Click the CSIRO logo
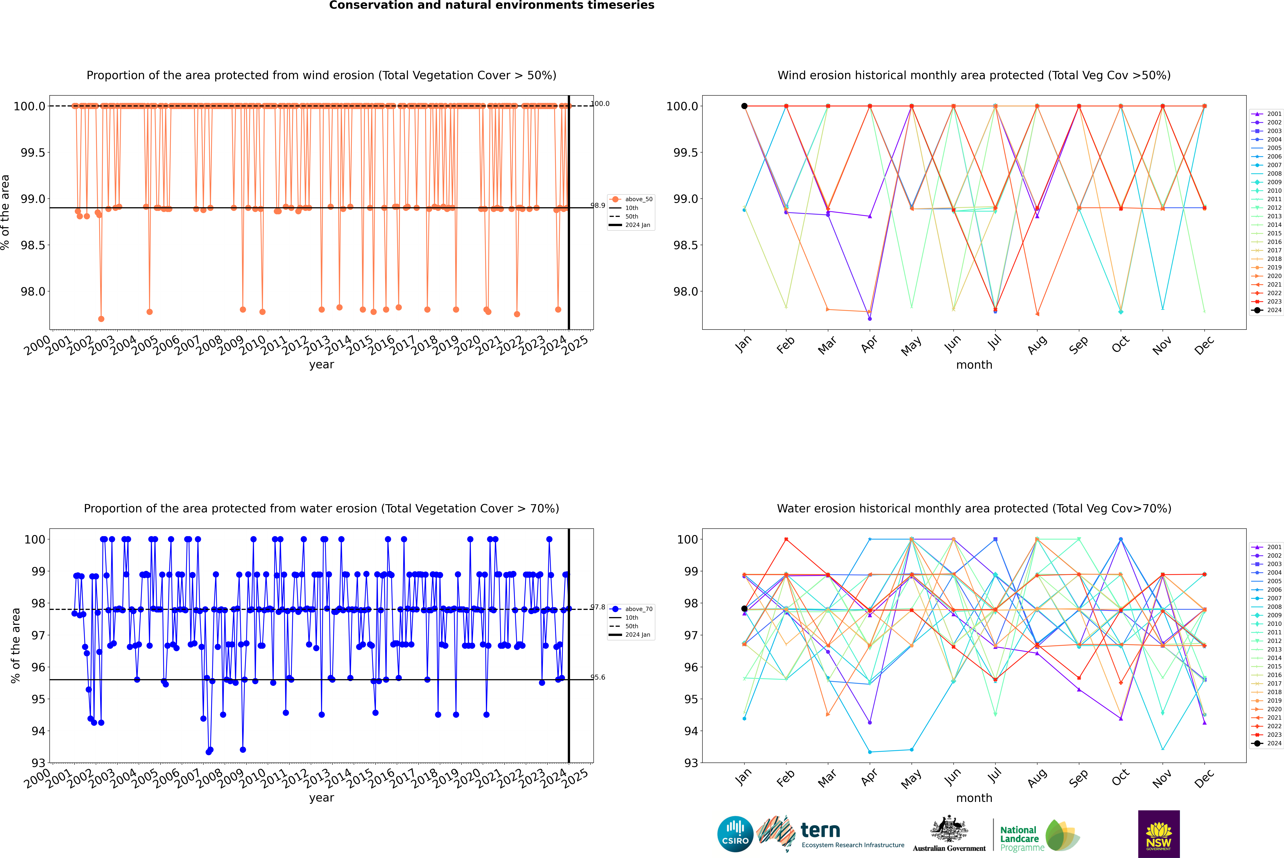[x=735, y=834]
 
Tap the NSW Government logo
[x=1159, y=834]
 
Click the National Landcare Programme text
[x=1019, y=838]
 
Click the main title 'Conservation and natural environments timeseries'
[x=491, y=5]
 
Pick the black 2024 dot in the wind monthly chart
[x=744, y=106]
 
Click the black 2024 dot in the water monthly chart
[x=744, y=609]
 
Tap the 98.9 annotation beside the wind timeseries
[x=598, y=206]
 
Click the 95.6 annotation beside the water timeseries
[x=598, y=677]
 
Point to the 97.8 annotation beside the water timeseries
[x=598, y=607]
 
